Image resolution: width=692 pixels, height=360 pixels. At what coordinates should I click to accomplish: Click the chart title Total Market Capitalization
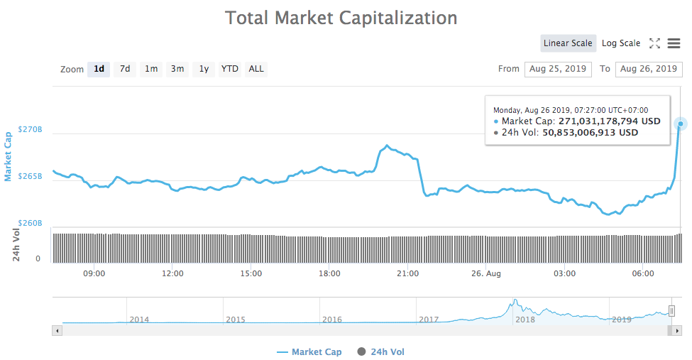pyautogui.click(x=341, y=18)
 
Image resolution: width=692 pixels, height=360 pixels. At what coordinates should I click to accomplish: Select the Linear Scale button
pyautogui.click(x=567, y=43)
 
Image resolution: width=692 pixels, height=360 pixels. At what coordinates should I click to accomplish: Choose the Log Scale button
pyautogui.click(x=620, y=43)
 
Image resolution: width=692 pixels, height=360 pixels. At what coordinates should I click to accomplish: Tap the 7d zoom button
pyautogui.click(x=125, y=69)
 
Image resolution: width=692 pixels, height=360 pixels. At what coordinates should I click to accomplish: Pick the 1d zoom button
pyautogui.click(x=99, y=69)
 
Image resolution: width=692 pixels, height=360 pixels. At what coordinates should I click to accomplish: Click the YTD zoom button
pyautogui.click(x=229, y=69)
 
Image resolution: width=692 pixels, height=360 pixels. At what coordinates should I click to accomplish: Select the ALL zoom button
pyautogui.click(x=256, y=69)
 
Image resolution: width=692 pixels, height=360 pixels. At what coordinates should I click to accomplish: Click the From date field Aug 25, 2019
pyautogui.click(x=557, y=69)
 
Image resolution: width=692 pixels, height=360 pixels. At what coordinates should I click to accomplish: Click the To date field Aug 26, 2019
pyautogui.click(x=648, y=69)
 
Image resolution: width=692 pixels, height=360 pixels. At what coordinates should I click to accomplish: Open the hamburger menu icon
pyautogui.click(x=674, y=43)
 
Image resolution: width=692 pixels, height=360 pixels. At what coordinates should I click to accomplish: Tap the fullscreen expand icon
pyautogui.click(x=654, y=43)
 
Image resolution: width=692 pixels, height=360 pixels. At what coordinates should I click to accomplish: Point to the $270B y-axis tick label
pyautogui.click(x=30, y=130)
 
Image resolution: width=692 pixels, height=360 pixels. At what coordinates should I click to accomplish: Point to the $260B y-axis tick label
pyautogui.click(x=30, y=223)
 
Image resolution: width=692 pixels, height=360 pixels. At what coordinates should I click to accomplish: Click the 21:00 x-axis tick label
pyautogui.click(x=407, y=273)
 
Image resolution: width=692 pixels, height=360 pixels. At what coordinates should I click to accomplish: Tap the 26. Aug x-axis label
pyautogui.click(x=486, y=273)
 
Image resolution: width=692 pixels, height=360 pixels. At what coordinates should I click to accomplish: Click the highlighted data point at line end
pyautogui.click(x=681, y=124)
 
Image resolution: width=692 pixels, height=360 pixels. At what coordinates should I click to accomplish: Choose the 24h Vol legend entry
pyautogui.click(x=381, y=352)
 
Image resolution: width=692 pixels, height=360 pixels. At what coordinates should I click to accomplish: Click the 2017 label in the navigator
pyautogui.click(x=429, y=320)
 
